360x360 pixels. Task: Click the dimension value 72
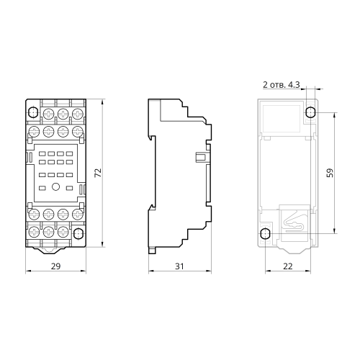[99, 173]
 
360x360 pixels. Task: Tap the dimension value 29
[55, 266]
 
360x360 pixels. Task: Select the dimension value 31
[179, 266]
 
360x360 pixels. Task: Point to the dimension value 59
[330, 173]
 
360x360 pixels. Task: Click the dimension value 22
[288, 266]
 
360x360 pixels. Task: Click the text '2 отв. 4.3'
[282, 85]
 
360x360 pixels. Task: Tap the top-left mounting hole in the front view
[32, 112]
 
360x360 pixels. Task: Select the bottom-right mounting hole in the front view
[78, 233]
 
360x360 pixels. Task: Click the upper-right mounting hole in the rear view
[310, 112]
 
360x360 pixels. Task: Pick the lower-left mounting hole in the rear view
[265, 233]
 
